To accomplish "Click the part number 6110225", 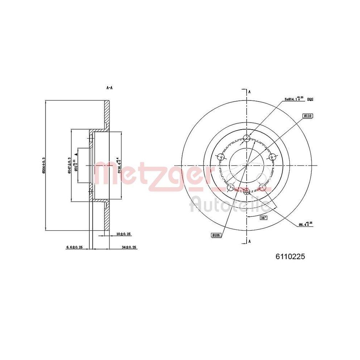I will click(290, 257).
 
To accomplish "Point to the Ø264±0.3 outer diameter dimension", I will click(44, 166).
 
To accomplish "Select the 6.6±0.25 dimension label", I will click(75, 247).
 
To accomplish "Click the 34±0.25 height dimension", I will click(129, 247).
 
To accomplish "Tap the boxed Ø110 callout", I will click(308, 116).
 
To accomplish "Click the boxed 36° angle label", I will click(264, 218).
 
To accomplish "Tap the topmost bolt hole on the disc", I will click(247, 138).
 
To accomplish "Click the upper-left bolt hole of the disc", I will click(220, 157).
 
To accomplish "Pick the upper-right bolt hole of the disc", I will click(273, 157).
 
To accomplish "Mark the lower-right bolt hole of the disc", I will click(263, 187).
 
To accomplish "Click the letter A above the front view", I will click(249, 92).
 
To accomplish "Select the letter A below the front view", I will click(249, 242).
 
